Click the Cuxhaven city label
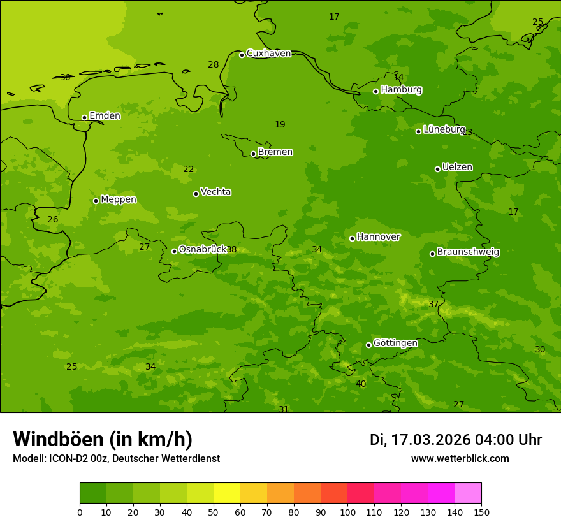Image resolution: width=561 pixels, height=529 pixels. point(268,54)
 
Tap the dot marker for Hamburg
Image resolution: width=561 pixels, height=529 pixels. point(375,91)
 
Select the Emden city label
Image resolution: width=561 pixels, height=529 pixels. point(105,116)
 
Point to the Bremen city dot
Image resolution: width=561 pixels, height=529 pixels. point(253,154)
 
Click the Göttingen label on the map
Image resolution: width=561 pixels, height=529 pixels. point(395,344)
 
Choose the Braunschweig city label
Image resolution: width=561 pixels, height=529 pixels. point(468,252)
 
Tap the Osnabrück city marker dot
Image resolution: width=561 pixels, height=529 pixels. point(174,251)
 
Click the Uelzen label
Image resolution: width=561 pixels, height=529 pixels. point(457,168)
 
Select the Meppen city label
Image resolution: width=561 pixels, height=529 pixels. point(119,200)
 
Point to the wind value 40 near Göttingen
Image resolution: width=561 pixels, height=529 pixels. point(361,384)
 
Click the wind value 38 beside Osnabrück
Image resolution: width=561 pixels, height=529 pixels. point(231,250)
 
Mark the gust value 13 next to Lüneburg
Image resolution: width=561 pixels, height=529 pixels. point(467,133)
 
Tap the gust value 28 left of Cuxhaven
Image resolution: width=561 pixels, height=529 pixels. point(213,65)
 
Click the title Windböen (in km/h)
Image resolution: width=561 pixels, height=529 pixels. point(103,440)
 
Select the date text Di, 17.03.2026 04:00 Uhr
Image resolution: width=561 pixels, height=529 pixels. point(456,440)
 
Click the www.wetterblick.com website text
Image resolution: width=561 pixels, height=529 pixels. point(460,459)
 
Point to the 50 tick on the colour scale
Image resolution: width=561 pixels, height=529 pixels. point(214,512)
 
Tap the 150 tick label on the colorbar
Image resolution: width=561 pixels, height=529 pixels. point(481,512)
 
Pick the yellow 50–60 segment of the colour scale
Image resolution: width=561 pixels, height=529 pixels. point(227,493)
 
